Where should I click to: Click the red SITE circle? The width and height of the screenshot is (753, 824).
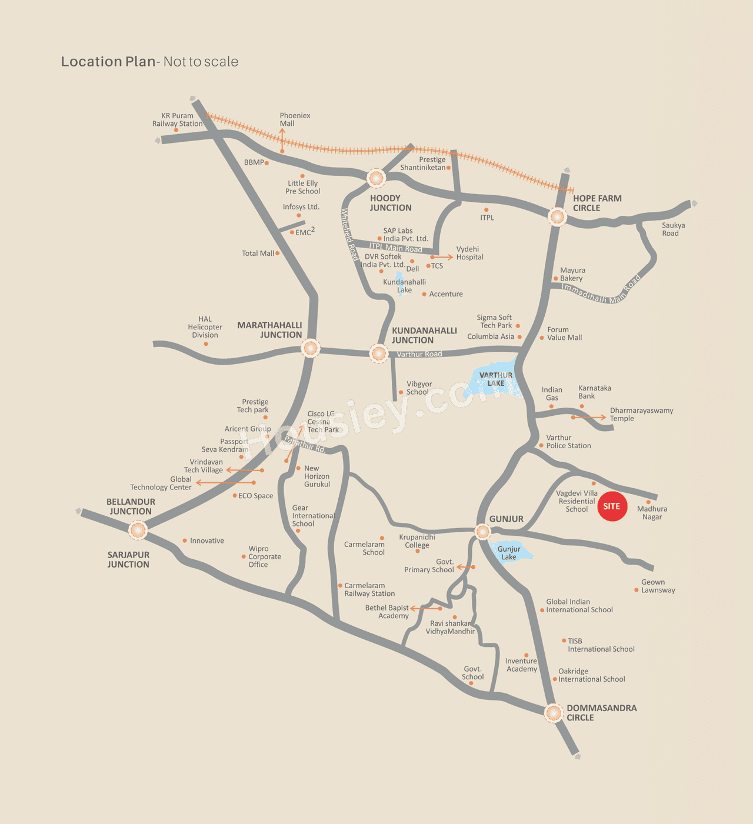612,506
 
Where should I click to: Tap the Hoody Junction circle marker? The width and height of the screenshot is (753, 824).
376,177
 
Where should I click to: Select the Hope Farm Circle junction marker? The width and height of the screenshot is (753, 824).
557,216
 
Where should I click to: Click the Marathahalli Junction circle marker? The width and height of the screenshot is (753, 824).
311,348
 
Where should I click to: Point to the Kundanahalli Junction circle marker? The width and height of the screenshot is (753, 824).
379,353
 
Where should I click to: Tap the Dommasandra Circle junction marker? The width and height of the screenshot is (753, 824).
553,713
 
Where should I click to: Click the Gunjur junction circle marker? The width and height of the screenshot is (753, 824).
482,532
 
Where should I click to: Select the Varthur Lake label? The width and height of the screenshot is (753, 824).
496,379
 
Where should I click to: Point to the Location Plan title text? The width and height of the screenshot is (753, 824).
149,62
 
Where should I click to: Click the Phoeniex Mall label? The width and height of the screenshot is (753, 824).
294,119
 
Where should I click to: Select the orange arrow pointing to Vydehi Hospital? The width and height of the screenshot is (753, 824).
442,257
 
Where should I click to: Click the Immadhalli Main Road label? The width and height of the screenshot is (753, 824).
600,291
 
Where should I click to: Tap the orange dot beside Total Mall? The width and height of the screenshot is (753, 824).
277,253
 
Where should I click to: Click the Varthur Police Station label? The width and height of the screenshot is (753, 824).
568,442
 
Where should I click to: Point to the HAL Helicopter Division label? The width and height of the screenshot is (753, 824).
205,327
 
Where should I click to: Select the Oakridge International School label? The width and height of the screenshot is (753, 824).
591,675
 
